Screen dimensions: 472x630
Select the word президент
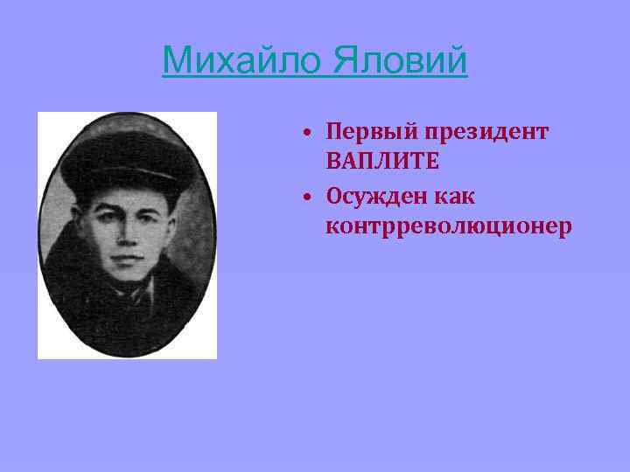click(x=487, y=132)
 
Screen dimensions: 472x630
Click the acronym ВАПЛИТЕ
click(x=381, y=162)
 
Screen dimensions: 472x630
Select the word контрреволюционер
click(x=448, y=227)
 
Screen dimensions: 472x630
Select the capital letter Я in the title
click(x=343, y=60)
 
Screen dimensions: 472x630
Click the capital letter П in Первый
click(x=334, y=132)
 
